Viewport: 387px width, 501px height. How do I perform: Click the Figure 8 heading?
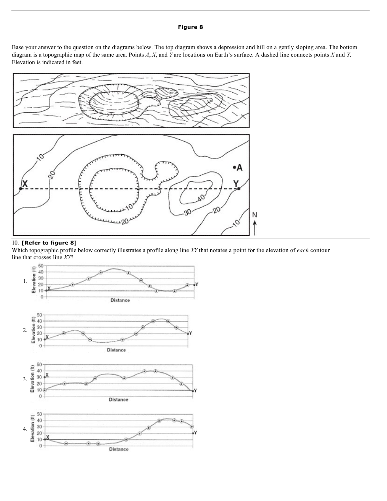coord(190,27)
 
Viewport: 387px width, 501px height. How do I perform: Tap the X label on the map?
coord(25,184)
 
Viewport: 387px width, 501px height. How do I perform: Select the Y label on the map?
coord(236,184)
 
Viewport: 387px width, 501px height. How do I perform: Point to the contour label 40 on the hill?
coord(200,197)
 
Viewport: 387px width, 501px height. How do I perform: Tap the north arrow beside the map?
coord(255,227)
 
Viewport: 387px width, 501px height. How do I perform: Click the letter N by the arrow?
coord(255,215)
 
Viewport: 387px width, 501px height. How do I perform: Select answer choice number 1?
coord(25,281)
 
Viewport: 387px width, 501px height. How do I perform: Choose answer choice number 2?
coord(25,330)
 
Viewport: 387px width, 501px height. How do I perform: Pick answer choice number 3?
coord(25,379)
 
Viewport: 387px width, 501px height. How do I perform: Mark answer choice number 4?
coord(25,429)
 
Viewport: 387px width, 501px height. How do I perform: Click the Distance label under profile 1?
coord(120,300)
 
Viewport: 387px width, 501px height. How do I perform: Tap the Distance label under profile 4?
coord(119,449)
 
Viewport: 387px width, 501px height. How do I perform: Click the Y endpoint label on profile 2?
coord(191,333)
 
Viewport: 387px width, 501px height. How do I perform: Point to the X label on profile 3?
coord(47,374)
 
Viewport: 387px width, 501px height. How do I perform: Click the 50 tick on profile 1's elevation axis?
coord(41,265)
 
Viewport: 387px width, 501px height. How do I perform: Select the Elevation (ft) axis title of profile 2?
coord(34,330)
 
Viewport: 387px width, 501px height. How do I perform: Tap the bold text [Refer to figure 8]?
coord(49,243)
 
